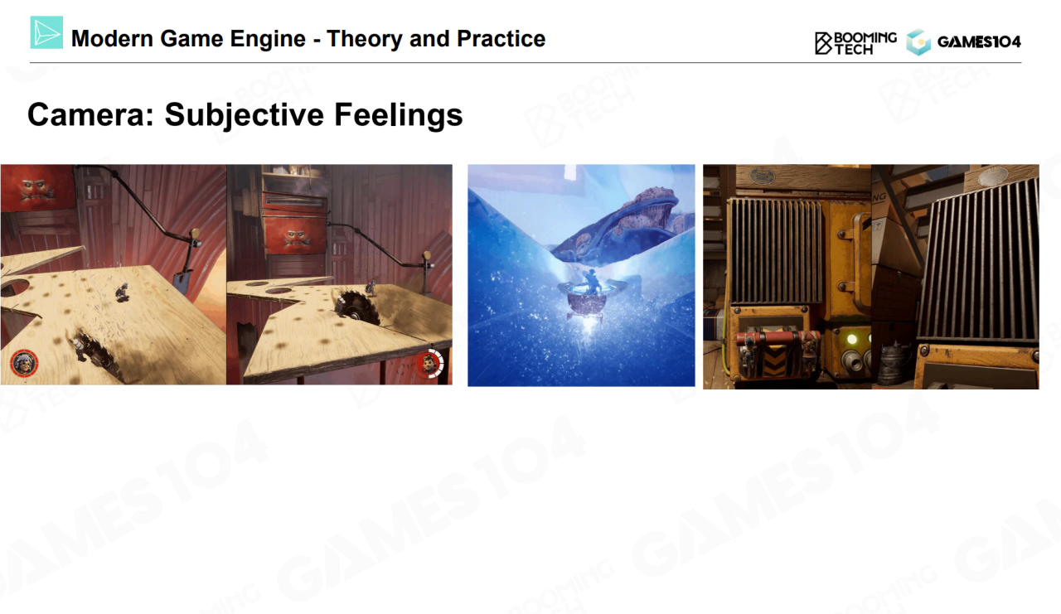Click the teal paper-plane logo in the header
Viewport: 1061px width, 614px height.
[46, 32]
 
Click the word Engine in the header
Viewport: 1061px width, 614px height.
[268, 39]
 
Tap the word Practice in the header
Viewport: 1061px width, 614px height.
[501, 38]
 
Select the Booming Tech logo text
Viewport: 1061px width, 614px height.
[855, 43]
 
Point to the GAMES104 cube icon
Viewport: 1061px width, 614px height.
[918, 42]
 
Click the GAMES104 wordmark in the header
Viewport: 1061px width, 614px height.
[979, 42]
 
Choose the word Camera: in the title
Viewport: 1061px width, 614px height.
[91, 114]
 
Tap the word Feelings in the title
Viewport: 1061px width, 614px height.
[399, 115]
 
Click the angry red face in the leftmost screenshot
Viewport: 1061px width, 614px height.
[36, 189]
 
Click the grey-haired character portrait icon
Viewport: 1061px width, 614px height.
[24, 363]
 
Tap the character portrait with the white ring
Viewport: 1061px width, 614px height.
[429, 364]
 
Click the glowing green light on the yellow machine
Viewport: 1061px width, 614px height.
[851, 339]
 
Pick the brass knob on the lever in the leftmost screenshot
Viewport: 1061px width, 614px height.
[195, 234]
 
